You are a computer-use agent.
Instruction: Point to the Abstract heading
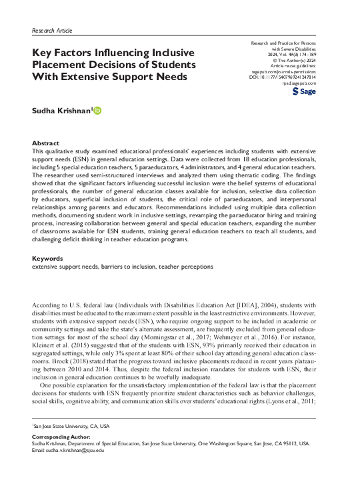[46, 143]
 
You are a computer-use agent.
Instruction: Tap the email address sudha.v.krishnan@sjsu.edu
[78, 450]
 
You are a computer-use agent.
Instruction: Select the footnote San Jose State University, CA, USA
[71, 425]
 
